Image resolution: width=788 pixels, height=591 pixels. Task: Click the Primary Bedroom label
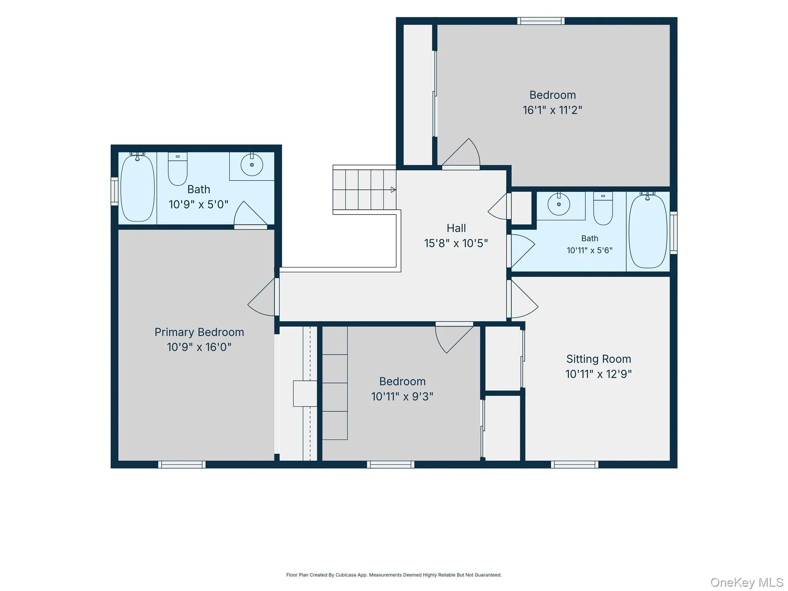(199, 332)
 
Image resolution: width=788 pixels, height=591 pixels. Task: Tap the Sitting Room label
(599, 359)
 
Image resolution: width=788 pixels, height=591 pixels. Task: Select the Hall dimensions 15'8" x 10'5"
(456, 243)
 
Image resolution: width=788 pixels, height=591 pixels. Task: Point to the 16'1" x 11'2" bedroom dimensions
(552, 110)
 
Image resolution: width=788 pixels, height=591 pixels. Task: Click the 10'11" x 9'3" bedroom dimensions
(402, 396)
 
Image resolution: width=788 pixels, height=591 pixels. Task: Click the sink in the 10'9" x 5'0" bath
(252, 165)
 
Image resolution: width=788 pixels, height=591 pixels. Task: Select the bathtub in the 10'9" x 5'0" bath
(138, 188)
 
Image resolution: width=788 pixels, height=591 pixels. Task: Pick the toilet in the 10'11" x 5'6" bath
(603, 208)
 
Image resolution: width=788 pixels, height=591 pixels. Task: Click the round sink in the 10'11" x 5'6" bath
(559, 204)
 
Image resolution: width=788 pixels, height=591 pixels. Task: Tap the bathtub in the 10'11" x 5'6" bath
(648, 231)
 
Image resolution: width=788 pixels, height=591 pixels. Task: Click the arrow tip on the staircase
(395, 190)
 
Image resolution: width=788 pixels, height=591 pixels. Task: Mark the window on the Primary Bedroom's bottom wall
(182, 464)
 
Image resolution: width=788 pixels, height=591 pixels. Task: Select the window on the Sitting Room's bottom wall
(574, 464)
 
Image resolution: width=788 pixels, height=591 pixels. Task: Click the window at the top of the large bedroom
(541, 21)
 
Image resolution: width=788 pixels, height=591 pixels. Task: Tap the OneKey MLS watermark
(747, 582)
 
